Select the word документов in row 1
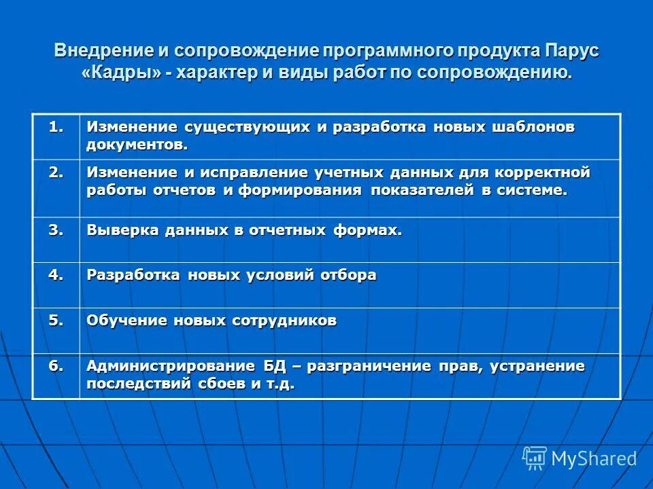coord(137,145)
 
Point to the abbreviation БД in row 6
coord(277,366)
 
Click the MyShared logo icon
coord(534,459)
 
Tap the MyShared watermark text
coord(594,459)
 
